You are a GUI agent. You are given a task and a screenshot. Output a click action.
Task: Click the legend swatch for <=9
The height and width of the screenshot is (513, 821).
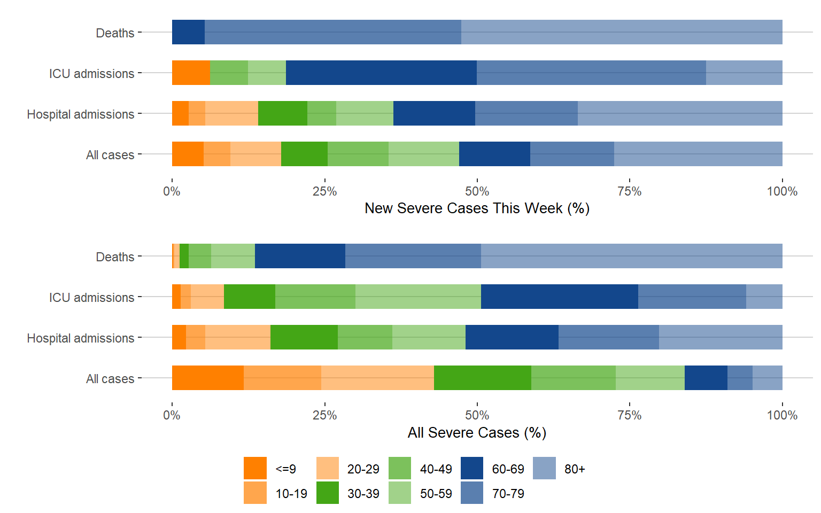255,468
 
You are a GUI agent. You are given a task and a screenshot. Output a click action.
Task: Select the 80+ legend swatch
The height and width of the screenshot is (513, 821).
544,468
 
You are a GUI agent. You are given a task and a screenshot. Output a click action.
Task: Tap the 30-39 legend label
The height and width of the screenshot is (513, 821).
363,494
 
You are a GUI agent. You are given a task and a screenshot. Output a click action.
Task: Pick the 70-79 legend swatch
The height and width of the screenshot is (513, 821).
472,493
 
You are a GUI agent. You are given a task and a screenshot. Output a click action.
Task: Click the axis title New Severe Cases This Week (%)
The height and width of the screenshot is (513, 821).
477,208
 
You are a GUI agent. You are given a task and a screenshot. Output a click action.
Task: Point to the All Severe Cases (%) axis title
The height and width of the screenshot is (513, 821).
477,432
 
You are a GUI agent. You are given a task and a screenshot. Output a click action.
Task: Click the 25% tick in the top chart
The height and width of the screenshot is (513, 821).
324,191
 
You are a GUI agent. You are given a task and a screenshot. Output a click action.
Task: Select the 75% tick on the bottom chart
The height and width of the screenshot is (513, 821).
630,415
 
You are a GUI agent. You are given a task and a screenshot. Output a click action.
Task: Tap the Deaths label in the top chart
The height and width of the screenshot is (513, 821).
115,33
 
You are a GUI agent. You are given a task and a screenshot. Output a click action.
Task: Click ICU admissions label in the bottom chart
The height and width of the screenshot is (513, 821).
91,298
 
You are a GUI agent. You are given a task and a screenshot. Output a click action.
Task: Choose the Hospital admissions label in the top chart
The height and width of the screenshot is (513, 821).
81,114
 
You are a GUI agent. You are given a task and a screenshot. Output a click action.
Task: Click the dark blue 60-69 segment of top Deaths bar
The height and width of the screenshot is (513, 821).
188,32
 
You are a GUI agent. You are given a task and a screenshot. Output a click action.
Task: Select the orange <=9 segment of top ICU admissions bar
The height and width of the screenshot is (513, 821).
191,73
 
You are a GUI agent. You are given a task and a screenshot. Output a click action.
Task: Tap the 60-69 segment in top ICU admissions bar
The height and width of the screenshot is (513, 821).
381,73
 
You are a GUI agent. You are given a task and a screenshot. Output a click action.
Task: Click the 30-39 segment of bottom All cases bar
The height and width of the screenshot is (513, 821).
482,378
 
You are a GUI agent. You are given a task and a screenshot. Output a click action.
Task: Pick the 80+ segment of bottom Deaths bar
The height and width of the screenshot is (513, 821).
631,256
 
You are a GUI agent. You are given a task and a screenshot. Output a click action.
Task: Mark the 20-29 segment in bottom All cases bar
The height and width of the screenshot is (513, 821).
377,378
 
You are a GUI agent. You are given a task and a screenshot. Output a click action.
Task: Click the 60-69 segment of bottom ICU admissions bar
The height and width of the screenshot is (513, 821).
559,297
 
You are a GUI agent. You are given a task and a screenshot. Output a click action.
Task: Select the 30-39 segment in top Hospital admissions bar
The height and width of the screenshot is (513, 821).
282,113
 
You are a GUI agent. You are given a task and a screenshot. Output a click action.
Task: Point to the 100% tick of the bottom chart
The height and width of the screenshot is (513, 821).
782,415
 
